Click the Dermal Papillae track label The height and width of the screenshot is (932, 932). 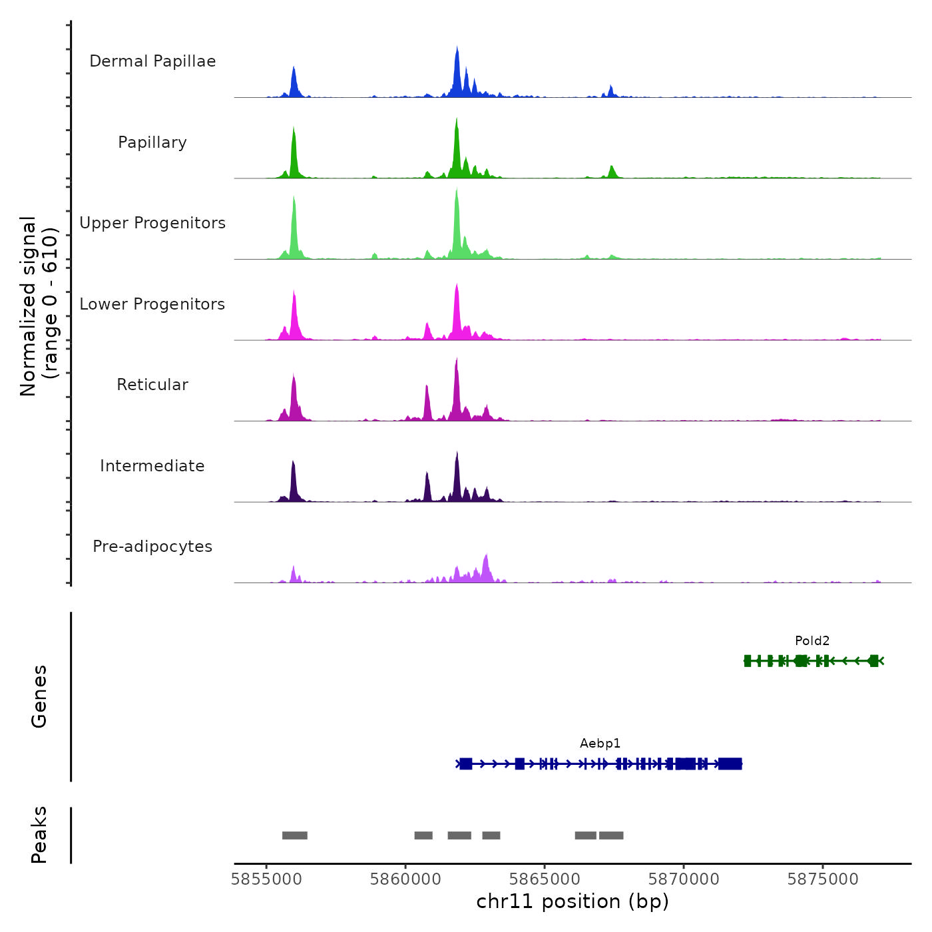(x=152, y=61)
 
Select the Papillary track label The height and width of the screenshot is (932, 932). (x=152, y=142)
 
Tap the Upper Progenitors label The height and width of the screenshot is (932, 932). (x=152, y=223)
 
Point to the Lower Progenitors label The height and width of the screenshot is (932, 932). (x=152, y=304)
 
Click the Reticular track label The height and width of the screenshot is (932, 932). (x=152, y=385)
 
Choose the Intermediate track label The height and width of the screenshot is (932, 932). (x=152, y=466)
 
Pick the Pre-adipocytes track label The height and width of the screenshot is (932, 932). (x=152, y=547)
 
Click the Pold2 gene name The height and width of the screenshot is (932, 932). (x=812, y=641)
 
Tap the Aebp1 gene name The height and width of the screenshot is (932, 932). (x=600, y=744)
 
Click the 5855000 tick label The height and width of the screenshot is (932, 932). (x=266, y=879)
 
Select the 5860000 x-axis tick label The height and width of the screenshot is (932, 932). (x=405, y=879)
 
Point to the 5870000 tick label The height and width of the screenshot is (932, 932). (x=684, y=879)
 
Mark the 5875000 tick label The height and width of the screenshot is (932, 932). (x=823, y=879)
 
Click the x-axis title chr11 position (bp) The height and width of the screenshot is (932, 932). (x=573, y=901)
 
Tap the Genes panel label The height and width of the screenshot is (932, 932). (x=39, y=696)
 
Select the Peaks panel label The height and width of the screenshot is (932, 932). (x=39, y=835)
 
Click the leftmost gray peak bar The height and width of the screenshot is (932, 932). (x=294, y=835)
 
